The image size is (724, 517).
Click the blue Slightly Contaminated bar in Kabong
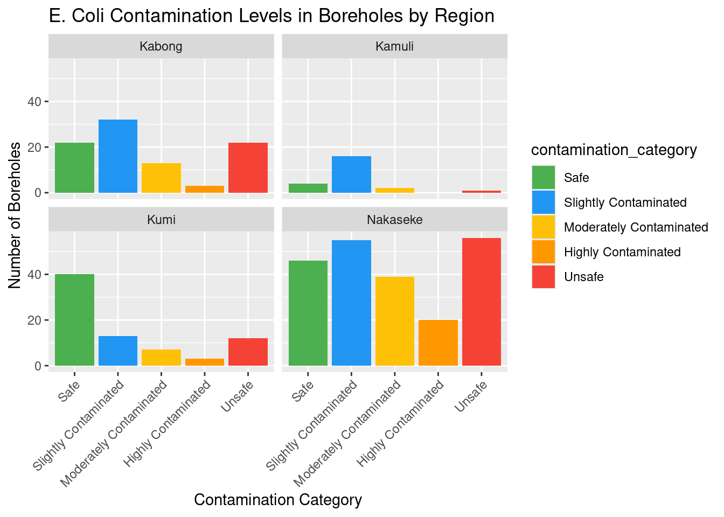118,156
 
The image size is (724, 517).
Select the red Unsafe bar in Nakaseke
482,302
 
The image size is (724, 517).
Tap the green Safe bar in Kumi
74,320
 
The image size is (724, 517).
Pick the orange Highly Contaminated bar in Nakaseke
438,343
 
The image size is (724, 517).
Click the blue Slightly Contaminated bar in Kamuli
351,174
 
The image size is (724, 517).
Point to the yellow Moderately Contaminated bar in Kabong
161,178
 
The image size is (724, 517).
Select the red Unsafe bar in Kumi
248,352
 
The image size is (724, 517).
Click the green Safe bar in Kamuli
308,188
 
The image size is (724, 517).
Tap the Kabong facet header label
161,46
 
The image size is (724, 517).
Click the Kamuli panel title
394,46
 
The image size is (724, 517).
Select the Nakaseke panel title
394,220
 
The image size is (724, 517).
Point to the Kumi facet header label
161,220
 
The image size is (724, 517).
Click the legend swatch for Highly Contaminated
543,252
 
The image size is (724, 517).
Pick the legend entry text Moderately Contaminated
636,227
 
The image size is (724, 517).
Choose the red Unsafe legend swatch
543,277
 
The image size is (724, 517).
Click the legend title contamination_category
614,150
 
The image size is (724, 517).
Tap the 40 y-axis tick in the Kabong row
34,101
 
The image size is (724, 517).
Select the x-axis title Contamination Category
278,500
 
